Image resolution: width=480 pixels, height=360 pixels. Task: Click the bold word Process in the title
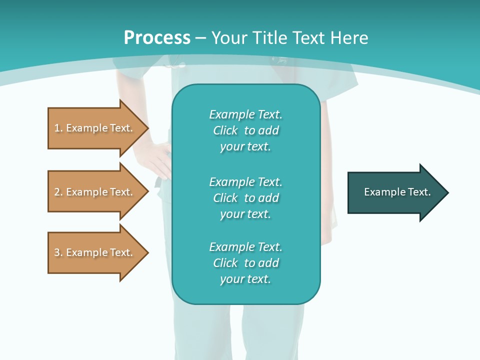(x=157, y=38)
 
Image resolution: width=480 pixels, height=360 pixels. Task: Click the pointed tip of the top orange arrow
(x=147, y=128)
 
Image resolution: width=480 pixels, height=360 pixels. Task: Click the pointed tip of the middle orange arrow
(x=147, y=191)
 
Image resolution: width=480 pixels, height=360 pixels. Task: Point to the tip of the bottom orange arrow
(x=147, y=252)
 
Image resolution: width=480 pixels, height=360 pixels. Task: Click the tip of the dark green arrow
(x=447, y=192)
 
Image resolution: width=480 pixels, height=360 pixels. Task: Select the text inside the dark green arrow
(x=397, y=192)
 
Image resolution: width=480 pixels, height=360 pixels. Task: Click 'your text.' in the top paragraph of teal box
(x=245, y=147)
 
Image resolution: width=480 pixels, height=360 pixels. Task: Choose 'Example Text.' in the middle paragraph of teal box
(x=245, y=182)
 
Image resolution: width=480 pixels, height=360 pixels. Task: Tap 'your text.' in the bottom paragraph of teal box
(x=245, y=279)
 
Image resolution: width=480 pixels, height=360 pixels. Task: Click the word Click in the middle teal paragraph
(x=225, y=198)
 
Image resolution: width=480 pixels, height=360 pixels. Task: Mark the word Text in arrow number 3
(x=121, y=252)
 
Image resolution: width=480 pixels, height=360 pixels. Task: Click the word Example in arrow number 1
(x=86, y=128)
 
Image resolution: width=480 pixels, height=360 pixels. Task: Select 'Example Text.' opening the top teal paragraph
(x=245, y=114)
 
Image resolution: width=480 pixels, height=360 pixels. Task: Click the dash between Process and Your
(x=200, y=38)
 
